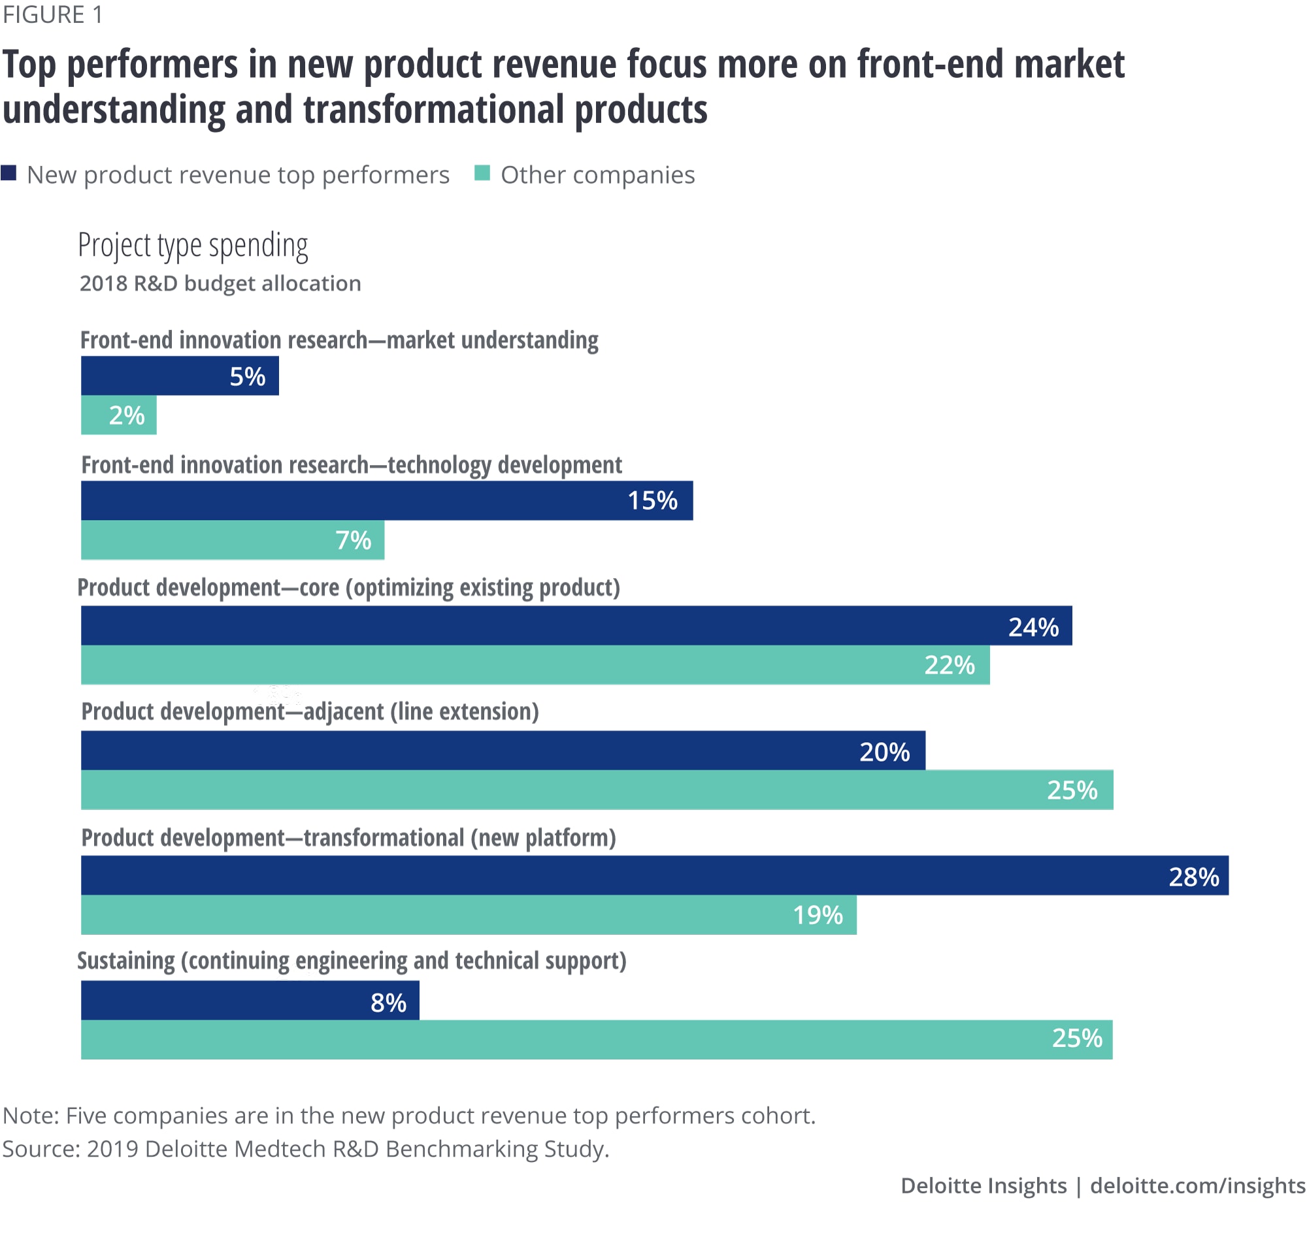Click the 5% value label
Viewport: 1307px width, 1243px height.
click(x=247, y=376)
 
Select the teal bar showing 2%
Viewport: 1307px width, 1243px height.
click(x=119, y=415)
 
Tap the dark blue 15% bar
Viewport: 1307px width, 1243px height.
click(x=386, y=501)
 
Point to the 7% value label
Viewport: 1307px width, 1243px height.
click(x=354, y=540)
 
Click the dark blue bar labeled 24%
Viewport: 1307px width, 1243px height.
click(x=576, y=626)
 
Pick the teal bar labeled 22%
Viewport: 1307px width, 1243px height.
click(x=535, y=664)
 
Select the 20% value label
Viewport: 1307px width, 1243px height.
click(x=884, y=751)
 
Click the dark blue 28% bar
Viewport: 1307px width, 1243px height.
click(x=654, y=876)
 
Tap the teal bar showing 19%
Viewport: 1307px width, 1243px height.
click(x=468, y=915)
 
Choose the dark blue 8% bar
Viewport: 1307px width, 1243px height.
click(x=250, y=1001)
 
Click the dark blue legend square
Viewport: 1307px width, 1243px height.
click(x=8, y=174)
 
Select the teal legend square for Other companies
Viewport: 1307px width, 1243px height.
click(x=482, y=174)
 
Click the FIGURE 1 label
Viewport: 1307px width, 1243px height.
click(x=53, y=14)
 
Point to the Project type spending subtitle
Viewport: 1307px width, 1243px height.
click(x=193, y=245)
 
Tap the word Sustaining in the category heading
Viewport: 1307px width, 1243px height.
click(x=126, y=961)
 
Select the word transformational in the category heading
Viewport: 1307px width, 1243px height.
click(x=384, y=838)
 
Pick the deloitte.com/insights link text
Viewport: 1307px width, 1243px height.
click(x=1197, y=1186)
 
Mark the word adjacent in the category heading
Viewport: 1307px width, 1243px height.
click(x=343, y=711)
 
